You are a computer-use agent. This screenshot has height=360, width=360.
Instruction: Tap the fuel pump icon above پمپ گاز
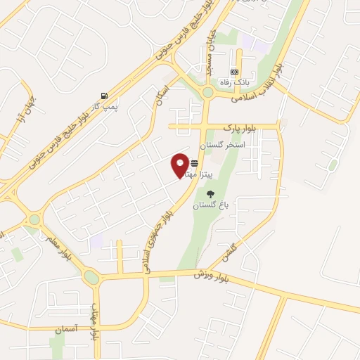(x=105, y=96)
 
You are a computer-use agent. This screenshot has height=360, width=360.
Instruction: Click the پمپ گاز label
(x=104, y=106)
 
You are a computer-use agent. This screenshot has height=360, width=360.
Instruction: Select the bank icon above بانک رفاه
(x=234, y=72)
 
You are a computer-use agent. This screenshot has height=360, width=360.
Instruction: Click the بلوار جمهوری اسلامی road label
(x=157, y=236)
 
